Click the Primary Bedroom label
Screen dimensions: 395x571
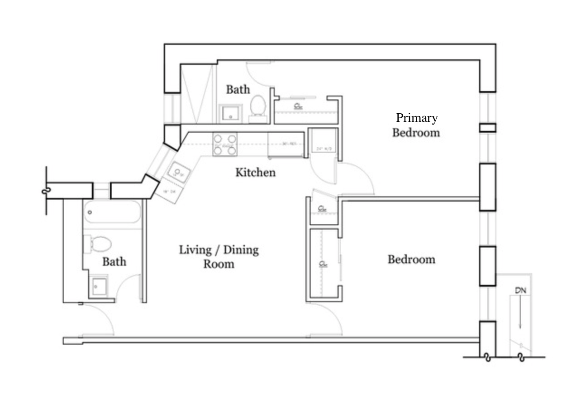(416, 125)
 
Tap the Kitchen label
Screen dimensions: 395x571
(255, 172)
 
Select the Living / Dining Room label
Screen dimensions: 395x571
(219, 256)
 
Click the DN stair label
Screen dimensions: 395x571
(520, 290)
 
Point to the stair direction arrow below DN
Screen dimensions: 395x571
(520, 313)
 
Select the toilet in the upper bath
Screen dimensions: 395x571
(258, 106)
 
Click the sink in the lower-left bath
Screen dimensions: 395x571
(98, 286)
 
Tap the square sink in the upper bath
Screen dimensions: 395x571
(230, 114)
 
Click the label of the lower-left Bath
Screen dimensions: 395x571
(114, 261)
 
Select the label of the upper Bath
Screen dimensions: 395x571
(238, 89)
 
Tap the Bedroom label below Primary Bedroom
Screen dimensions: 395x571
(411, 259)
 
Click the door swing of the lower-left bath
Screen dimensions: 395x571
(129, 286)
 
